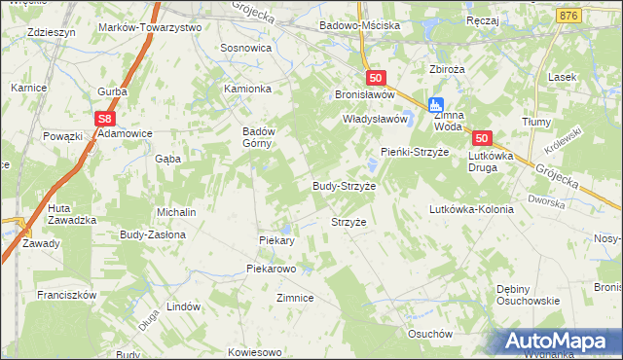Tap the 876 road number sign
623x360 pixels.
click(x=569, y=17)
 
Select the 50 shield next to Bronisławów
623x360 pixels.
click(x=377, y=78)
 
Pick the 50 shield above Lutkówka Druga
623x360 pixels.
click(x=484, y=139)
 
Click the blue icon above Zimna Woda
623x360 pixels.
click(x=437, y=104)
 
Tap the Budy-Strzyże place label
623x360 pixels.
click(x=344, y=185)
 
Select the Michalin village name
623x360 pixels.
click(x=176, y=212)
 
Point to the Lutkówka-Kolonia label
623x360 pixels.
click(x=471, y=209)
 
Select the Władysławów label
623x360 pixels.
click(x=373, y=120)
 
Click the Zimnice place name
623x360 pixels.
click(x=295, y=298)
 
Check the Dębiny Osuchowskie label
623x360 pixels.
click(x=529, y=295)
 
